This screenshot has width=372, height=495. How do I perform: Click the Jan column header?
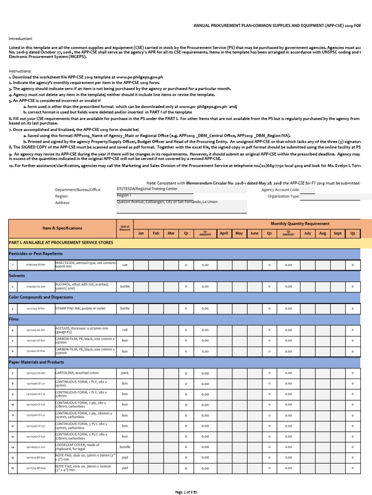(141, 233)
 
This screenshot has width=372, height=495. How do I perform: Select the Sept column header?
(338, 233)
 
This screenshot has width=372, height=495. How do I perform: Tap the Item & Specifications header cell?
(62, 228)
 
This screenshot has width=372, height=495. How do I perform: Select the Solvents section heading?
(17, 275)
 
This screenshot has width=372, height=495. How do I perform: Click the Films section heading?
(14, 319)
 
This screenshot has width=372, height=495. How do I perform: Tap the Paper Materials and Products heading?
(36, 362)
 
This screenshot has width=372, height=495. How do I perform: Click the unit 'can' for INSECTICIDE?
(124, 264)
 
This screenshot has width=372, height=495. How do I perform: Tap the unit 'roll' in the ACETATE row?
(124, 330)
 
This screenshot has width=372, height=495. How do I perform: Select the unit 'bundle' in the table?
(124, 447)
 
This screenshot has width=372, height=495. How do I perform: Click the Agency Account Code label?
(280, 190)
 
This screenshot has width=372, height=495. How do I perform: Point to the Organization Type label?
(280, 197)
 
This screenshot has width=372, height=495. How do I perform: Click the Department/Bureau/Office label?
(78, 190)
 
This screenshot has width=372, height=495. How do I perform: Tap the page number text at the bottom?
(186, 492)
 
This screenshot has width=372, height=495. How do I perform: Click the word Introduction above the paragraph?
(21, 38)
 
